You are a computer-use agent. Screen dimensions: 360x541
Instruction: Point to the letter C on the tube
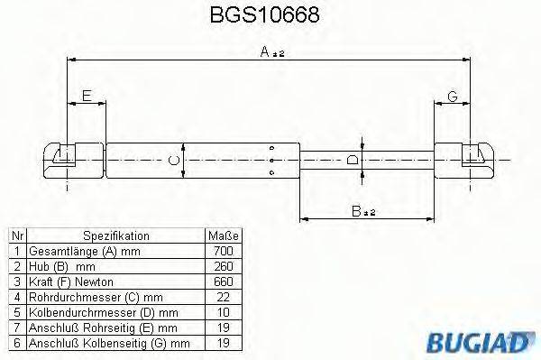[177, 160]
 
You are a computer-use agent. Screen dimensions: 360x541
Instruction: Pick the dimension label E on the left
[87, 96]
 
